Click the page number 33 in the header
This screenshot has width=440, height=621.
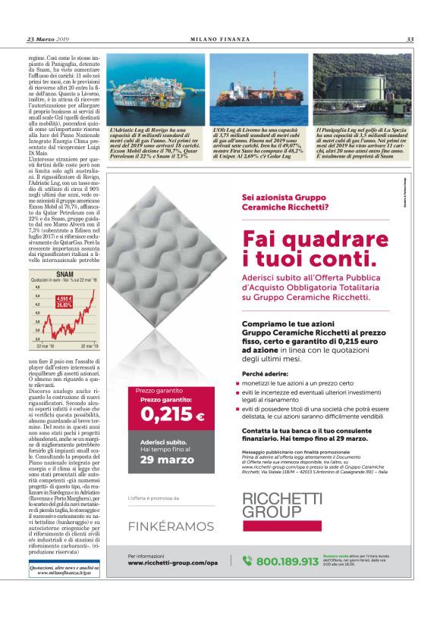409,39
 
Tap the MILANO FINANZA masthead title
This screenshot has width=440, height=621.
219,39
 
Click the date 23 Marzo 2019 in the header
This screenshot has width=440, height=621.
48,39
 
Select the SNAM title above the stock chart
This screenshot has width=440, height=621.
65,273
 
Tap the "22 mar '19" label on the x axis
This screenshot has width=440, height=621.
89,345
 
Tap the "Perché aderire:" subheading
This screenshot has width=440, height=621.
265,374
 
